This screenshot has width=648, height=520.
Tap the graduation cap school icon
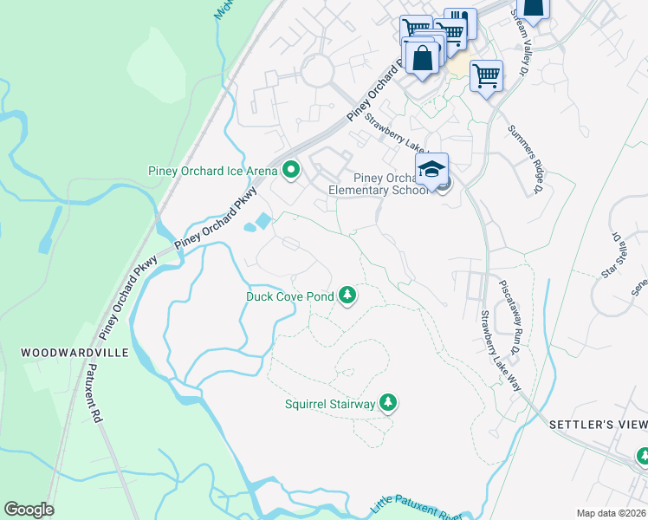click(x=431, y=168)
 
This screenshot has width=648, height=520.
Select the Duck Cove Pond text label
click(x=289, y=296)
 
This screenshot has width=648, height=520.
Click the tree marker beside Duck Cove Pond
click(x=347, y=296)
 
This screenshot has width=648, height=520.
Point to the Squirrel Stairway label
click(x=330, y=404)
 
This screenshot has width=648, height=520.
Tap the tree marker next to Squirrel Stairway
click(x=389, y=403)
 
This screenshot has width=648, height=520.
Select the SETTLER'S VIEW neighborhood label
click(x=598, y=424)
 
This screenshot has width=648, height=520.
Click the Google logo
click(x=29, y=510)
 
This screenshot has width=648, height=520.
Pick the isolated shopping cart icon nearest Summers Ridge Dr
click(x=487, y=75)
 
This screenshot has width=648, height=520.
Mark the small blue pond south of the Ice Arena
click(x=256, y=223)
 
